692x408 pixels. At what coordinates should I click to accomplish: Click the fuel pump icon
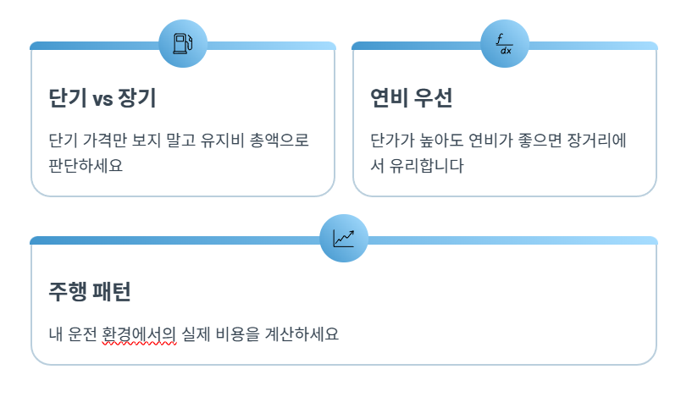[x=182, y=42]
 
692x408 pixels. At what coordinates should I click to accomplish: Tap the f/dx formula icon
[x=505, y=43]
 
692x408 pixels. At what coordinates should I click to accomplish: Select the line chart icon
[x=344, y=239]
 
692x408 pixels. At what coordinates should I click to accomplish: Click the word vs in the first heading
[x=102, y=99]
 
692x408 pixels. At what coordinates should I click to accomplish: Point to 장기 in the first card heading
[x=138, y=99]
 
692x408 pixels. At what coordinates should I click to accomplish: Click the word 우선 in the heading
[x=433, y=99]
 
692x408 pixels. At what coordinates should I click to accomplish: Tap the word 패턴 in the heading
[x=111, y=293]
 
